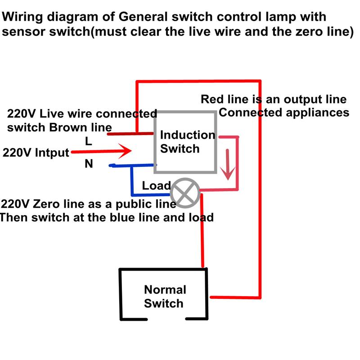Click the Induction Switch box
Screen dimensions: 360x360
[185, 142]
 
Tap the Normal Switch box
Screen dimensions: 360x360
[164, 296]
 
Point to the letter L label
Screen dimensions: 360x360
[89, 141]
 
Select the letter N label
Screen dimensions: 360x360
[89, 164]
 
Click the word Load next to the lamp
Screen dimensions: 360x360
[156, 185]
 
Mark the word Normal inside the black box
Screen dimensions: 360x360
[165, 289]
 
